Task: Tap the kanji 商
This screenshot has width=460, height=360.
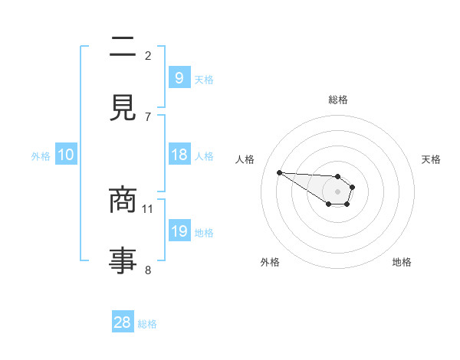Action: [x=123, y=201]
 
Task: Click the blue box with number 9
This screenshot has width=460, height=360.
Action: [x=179, y=77]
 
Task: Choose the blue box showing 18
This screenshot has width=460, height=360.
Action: [x=179, y=155]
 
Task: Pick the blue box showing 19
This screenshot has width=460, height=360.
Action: [x=179, y=231]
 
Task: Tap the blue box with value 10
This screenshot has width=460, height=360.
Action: [x=66, y=155]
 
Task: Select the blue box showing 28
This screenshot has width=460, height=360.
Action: [x=123, y=322]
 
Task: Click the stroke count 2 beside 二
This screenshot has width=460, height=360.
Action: [x=148, y=55]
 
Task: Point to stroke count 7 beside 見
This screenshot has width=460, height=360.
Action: [x=148, y=116]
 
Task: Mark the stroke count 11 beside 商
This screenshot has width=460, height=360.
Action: [x=148, y=208]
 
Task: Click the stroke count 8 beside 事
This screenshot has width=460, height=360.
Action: [x=148, y=270]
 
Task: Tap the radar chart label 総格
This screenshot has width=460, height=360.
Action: [x=338, y=100]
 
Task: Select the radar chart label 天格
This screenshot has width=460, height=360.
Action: [x=432, y=159]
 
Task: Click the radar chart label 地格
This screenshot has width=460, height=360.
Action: [x=402, y=262]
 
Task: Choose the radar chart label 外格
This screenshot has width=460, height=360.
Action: [x=270, y=262]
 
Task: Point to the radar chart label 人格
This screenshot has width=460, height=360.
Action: [x=245, y=159]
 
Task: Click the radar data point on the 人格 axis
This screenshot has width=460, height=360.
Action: [x=279, y=172]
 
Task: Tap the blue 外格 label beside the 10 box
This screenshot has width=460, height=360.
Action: [x=41, y=155]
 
